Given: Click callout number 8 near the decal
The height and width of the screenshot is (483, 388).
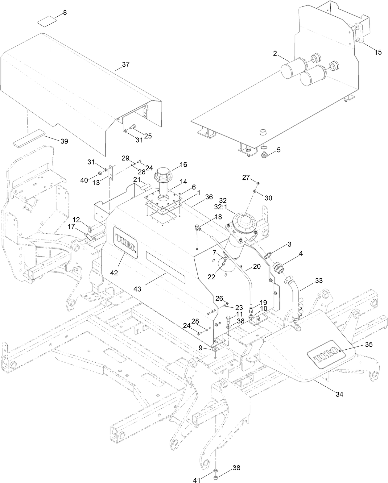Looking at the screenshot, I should pos(64,13).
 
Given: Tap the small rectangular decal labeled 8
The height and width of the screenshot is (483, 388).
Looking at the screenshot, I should pos(47,22).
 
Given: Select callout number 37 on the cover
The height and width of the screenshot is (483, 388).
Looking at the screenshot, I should pos(126,65).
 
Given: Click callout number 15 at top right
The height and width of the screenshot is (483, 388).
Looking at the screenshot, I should pos(378,52).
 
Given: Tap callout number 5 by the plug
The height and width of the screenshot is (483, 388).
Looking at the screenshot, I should pos(279,150).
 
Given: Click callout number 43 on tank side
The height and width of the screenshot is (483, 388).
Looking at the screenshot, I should pos(137,289).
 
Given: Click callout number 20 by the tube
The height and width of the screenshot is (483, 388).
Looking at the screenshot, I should pos(257,266).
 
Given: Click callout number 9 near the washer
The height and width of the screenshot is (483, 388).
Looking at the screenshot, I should pos(200,348).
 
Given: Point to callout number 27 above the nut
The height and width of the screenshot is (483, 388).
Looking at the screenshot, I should pos(246,177).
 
